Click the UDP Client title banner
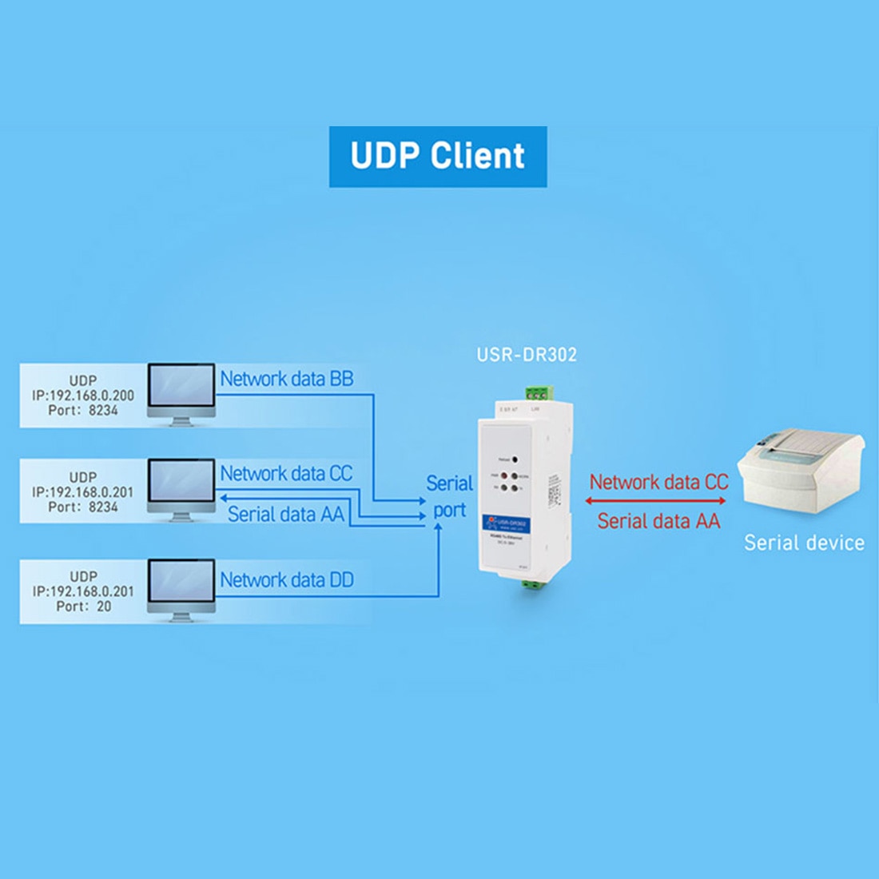438,157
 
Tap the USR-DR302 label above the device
527,354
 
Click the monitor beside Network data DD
181,587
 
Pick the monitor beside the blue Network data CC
181,487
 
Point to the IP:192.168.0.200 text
83,396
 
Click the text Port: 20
83,607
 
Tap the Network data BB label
286,379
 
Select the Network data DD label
286,579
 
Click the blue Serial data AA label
285,514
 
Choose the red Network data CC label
658,482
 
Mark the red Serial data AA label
658,521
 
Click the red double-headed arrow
655,501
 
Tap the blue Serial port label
449,496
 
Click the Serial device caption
804,543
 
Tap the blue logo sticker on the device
504,524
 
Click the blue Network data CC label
286,473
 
